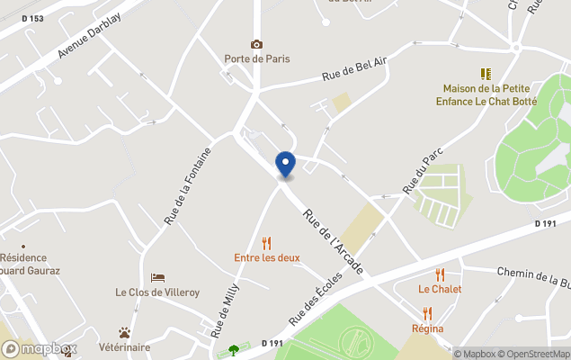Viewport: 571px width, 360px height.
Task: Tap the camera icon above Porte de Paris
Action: [257, 44]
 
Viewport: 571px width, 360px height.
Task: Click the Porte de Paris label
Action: [257, 59]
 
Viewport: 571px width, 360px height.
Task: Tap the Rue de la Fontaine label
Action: [187, 185]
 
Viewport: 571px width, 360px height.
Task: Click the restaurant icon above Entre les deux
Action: [265, 242]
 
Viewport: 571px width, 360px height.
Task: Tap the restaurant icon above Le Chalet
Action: [440, 274]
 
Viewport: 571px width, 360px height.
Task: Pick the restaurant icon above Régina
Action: [427, 313]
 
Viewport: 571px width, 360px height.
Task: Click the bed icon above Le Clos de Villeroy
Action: [157, 277]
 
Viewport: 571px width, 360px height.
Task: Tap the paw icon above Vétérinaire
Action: [125, 333]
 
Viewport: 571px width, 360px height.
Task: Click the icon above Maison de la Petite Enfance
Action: [486, 74]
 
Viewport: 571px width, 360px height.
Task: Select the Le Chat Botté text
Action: [511, 102]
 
